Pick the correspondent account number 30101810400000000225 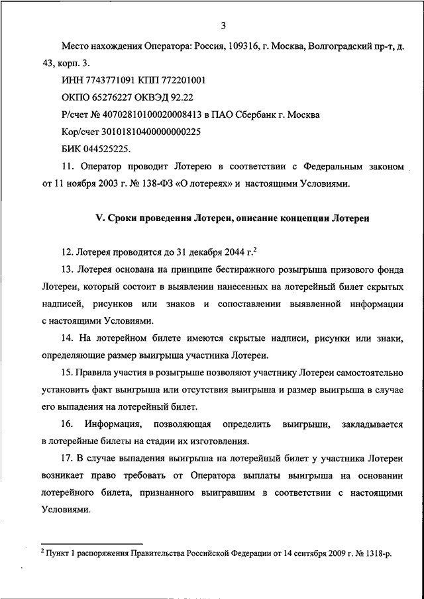(x=149, y=132)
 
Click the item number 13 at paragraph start (x=66, y=270)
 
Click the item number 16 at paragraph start (x=66, y=424)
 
